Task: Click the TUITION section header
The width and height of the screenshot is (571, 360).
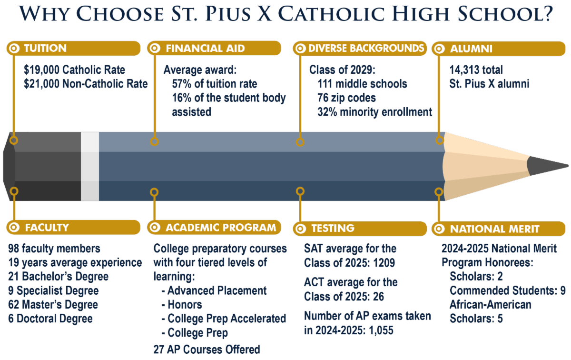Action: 45,48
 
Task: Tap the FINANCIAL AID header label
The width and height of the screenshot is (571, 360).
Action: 205,48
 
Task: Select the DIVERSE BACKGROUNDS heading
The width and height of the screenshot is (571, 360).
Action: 366,48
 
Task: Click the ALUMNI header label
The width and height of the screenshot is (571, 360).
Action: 471,48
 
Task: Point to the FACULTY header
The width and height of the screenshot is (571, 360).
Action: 47,227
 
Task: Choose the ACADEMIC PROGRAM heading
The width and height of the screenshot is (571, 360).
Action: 220,227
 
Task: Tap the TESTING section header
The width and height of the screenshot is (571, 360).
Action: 333,228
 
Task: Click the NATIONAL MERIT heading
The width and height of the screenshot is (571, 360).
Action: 494,229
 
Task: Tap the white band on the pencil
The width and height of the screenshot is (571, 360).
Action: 90,166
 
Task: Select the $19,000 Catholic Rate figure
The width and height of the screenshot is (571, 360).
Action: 74,70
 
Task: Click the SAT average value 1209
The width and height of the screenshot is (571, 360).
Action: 384,263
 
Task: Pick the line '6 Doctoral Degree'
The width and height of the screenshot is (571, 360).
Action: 50,318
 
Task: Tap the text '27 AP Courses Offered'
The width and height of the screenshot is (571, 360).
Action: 207,349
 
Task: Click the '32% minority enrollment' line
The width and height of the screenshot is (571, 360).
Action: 374,112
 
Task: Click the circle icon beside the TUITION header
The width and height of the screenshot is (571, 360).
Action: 14,48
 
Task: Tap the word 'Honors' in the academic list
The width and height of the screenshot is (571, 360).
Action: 185,304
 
